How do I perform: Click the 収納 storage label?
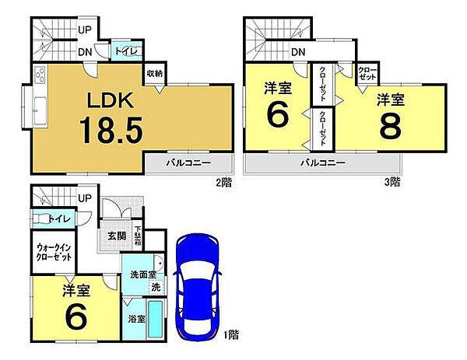[153, 75]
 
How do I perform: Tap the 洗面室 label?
[143, 274]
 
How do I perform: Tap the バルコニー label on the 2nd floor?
[187, 164]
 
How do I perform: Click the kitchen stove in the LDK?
[39, 75]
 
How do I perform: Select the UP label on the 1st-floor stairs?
[84, 198]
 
